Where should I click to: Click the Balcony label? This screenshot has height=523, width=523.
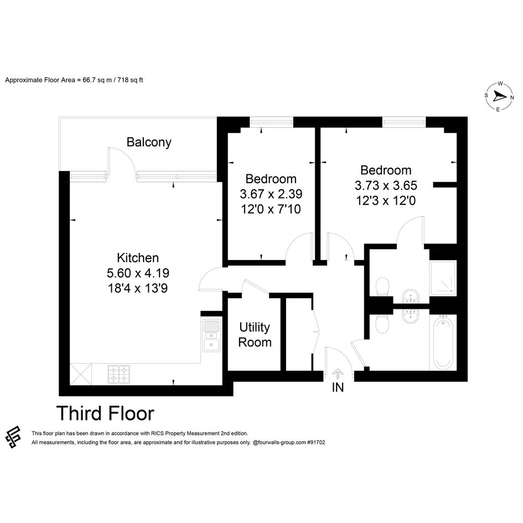pyautogui.click(x=149, y=142)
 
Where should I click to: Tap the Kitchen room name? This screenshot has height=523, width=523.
pyautogui.click(x=138, y=258)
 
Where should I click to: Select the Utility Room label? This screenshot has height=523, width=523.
pyautogui.click(x=255, y=335)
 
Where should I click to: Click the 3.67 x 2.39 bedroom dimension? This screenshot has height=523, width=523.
pyautogui.click(x=271, y=194)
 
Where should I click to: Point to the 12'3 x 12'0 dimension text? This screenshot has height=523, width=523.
pyautogui.click(x=386, y=201)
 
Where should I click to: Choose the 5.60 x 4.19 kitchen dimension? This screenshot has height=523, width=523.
pyautogui.click(x=138, y=273)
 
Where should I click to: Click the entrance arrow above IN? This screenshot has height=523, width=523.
pyautogui.click(x=338, y=374)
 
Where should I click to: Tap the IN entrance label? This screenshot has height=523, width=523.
pyautogui.click(x=338, y=387)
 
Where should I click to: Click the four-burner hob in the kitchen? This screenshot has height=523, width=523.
pyautogui.click(x=119, y=374)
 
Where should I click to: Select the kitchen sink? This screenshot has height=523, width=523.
pyautogui.click(x=211, y=335)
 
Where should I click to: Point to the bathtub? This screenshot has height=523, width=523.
pyautogui.click(x=443, y=342)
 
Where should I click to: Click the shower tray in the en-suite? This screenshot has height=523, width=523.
pyautogui.click(x=443, y=278)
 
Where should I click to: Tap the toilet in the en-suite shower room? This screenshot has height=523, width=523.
pyautogui.click(x=382, y=287)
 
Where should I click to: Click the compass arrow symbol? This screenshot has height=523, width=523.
pyautogui.click(x=499, y=97)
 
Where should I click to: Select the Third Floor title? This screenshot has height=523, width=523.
pyautogui.click(x=105, y=413)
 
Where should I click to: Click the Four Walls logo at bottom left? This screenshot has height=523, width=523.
pyautogui.click(x=13, y=437)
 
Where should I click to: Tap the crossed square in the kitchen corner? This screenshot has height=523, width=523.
pyautogui.click(x=81, y=374)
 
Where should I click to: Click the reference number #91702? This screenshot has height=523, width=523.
pyautogui.click(x=316, y=443)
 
